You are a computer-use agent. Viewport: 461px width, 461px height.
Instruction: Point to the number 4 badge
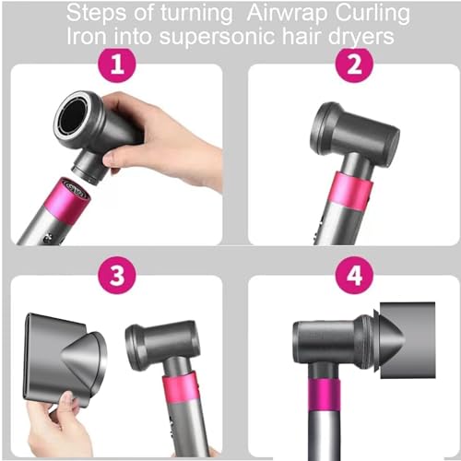click(x=354, y=277)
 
